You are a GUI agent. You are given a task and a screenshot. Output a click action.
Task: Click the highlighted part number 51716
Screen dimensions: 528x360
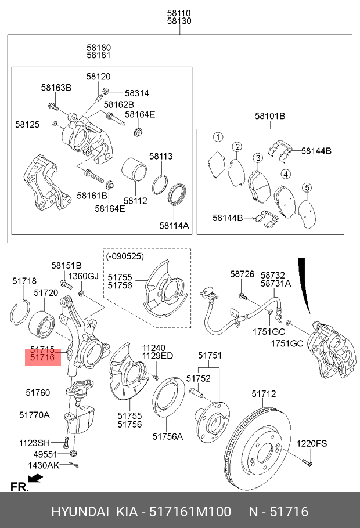(x=42, y=359)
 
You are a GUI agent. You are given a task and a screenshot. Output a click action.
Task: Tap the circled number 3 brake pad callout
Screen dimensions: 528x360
(x=257, y=158)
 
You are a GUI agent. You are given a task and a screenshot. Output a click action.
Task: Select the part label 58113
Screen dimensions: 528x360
(x=161, y=156)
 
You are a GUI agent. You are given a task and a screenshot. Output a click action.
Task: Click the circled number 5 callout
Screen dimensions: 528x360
(x=308, y=187)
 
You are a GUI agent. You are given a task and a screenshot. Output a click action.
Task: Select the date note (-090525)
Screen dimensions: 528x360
(x=125, y=256)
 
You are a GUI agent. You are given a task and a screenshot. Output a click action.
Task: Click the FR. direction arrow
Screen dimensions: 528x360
(x=35, y=479)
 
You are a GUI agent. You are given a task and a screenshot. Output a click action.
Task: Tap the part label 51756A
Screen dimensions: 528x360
(x=167, y=436)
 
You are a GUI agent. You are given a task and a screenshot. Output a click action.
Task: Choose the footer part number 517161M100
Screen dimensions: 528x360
(x=189, y=512)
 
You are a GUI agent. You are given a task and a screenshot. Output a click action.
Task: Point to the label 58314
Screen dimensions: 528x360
(x=137, y=93)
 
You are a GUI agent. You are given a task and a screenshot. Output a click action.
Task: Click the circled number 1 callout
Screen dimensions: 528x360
(x=217, y=138)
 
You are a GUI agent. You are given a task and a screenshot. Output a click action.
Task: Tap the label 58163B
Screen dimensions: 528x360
(x=56, y=88)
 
